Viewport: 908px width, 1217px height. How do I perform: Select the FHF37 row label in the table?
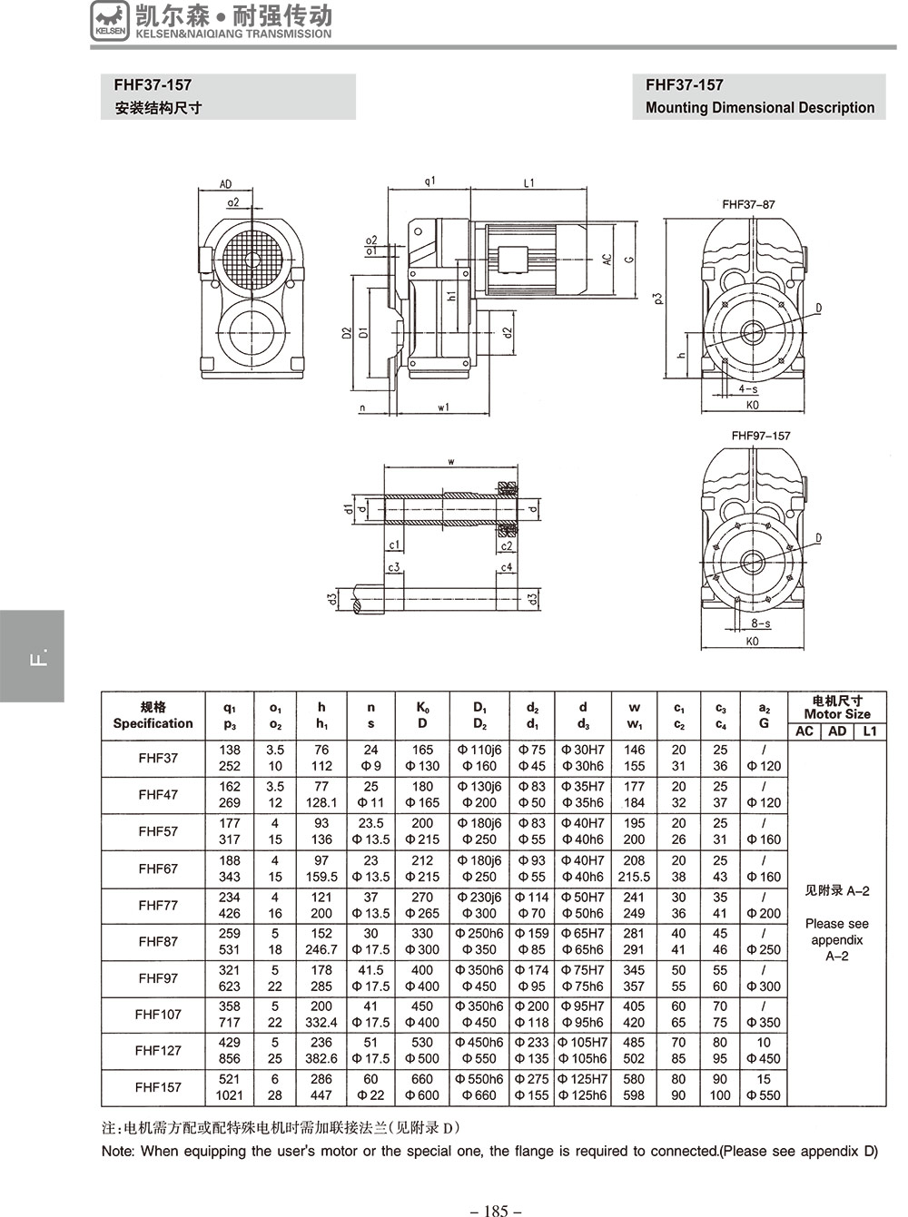(158, 758)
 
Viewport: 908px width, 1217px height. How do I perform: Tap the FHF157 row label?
(158, 1086)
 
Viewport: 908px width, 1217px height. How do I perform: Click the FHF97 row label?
(158, 978)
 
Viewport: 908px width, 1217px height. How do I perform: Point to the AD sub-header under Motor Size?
(837, 731)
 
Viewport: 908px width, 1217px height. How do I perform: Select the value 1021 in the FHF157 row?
(230, 1095)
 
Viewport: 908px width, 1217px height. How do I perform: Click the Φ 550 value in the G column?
(763, 1095)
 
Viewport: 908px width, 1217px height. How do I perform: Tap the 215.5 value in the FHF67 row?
(634, 877)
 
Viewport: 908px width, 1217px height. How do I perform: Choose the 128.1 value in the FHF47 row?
(321, 803)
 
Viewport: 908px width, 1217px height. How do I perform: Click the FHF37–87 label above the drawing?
(748, 205)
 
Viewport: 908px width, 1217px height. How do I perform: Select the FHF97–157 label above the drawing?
(760, 436)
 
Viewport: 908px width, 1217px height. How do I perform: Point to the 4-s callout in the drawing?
(748, 389)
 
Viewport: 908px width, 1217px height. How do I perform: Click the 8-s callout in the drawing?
(760, 623)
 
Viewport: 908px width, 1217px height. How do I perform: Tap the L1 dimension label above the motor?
(529, 183)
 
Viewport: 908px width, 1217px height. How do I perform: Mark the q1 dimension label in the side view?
(429, 182)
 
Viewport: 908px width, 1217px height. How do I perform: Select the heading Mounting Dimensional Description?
(759, 108)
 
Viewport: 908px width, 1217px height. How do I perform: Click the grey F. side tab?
(33, 656)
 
